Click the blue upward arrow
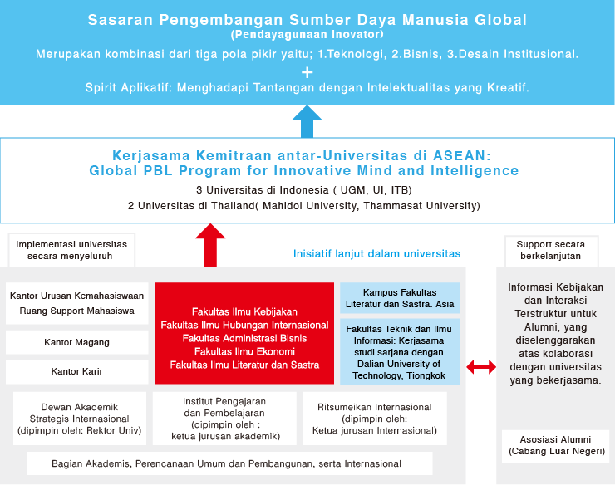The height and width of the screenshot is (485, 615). coord(307,121)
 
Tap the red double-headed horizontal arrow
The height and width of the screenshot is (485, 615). coord(481,366)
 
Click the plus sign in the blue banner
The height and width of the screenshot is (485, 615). coord(307,71)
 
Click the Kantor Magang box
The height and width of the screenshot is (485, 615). coord(76,342)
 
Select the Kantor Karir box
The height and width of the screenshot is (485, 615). coord(76,371)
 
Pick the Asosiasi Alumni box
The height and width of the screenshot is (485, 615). coord(555,445)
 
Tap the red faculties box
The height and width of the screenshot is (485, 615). coord(244,333)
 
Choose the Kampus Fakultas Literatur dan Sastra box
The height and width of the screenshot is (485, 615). coord(400,298)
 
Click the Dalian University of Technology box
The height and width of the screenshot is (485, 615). coord(400,352)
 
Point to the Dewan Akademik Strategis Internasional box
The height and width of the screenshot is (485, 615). coord(80,419)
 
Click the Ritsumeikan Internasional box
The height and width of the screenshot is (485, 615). coord(374,419)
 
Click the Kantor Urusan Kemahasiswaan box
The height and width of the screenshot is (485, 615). coord(76,303)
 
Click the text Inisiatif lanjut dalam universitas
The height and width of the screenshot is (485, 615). coord(376,253)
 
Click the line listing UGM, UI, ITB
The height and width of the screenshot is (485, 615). coord(307,190)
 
